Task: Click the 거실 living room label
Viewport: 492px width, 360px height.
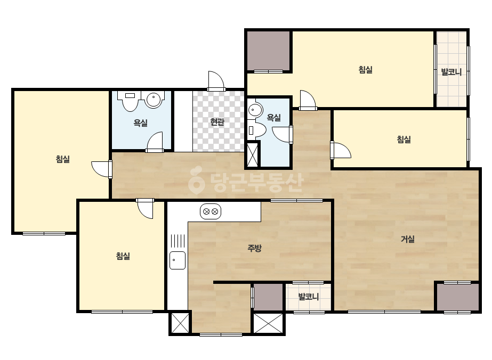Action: coord(408,239)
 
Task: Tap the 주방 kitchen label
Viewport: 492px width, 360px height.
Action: coord(254,248)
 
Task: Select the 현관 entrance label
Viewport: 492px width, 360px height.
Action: coord(217,121)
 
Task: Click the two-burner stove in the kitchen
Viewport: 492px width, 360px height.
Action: coord(211,211)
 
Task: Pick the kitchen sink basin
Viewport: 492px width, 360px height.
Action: coord(178,260)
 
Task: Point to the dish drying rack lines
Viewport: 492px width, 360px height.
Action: coord(178,241)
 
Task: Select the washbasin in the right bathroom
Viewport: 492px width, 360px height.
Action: coord(255,110)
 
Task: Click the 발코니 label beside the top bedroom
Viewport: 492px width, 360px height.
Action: coord(451,72)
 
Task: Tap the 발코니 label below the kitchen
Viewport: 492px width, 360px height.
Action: coord(309,297)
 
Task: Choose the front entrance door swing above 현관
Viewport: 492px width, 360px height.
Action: coord(216,81)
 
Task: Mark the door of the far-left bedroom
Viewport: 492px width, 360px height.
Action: coord(102,169)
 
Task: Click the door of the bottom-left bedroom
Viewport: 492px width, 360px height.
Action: coord(145,209)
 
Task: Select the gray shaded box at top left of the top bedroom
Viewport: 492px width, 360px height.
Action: coord(268,51)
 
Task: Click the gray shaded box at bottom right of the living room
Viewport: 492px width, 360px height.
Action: coord(457,297)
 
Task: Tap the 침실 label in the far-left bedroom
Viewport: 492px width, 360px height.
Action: coord(63,159)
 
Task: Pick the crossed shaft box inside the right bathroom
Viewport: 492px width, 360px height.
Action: coord(252,155)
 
